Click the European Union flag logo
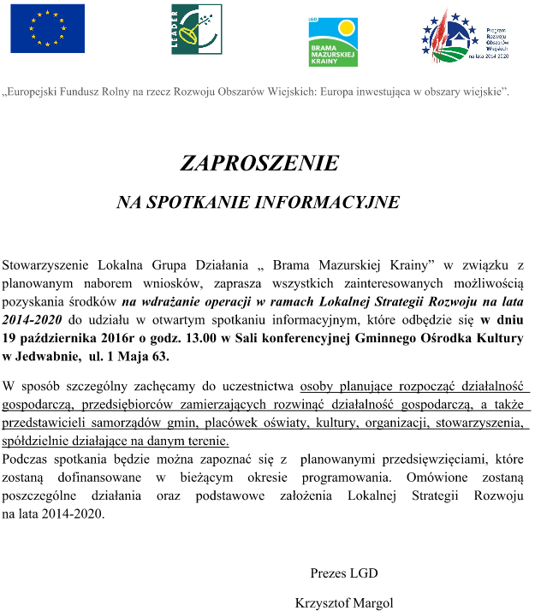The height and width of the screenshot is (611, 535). click(x=48, y=29)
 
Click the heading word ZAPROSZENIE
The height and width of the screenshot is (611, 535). click(x=259, y=163)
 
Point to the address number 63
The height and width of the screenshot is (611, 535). click(x=160, y=357)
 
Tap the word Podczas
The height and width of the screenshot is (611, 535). click(x=25, y=460)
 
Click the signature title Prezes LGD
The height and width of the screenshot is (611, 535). click(x=343, y=573)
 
